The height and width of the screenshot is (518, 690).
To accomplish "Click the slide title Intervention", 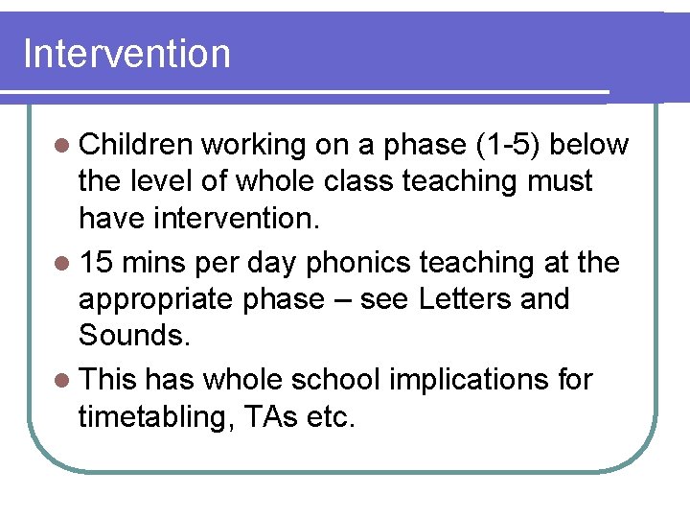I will (x=126, y=54).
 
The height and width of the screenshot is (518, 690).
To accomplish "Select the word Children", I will (x=138, y=144).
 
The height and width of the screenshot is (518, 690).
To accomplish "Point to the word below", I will (x=590, y=144).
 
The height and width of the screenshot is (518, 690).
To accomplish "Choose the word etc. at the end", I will (x=331, y=417).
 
